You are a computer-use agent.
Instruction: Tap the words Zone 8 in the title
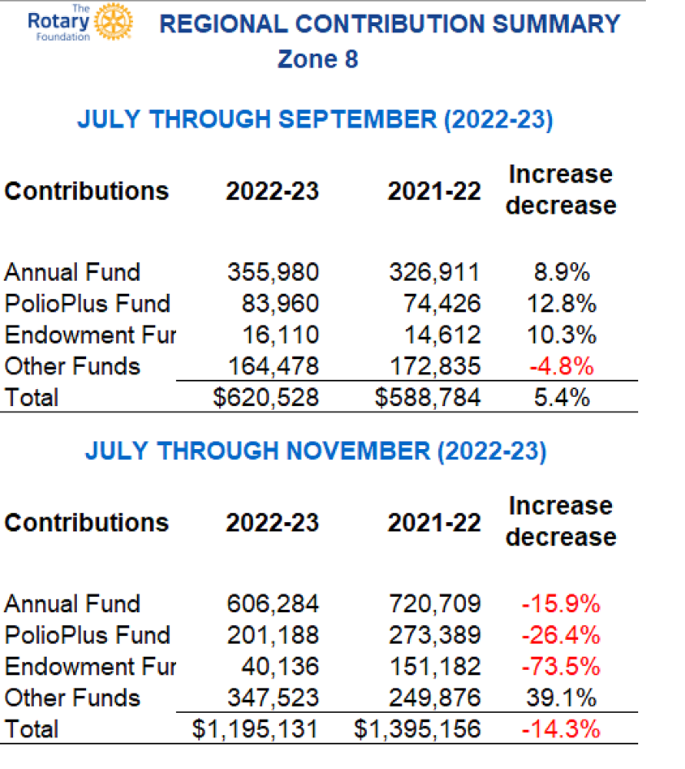318,59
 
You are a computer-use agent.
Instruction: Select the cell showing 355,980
272,272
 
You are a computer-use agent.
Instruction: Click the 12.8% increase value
560,304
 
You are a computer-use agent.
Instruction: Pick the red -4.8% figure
560,366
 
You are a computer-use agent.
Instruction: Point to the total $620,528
265,398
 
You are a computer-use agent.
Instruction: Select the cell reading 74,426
442,304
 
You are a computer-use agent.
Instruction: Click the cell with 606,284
272,604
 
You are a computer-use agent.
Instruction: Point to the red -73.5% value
560,667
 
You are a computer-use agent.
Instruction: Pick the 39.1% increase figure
560,697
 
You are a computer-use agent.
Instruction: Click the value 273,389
434,635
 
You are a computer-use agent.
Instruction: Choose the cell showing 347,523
272,697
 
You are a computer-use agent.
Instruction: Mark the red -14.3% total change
560,729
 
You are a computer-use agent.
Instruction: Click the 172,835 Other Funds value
434,366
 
